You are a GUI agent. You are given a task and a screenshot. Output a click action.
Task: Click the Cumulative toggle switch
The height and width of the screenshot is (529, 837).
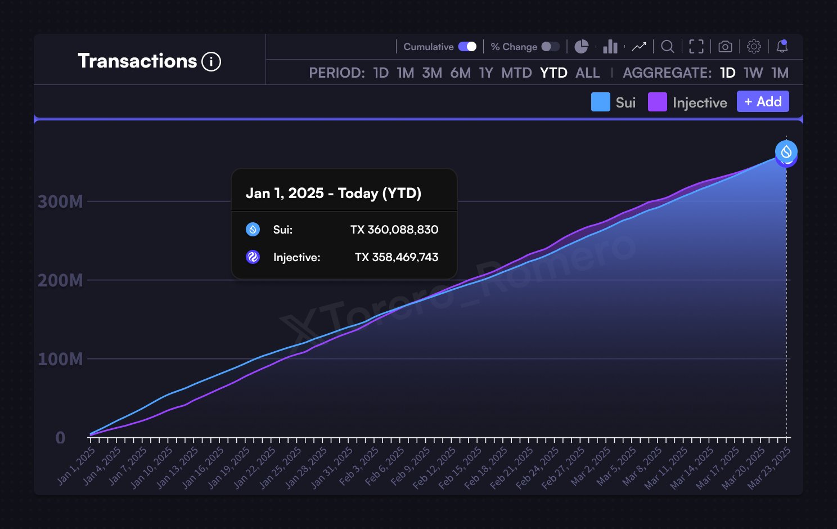(x=467, y=47)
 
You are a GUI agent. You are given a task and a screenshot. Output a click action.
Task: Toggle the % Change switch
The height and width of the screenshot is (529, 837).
(x=550, y=47)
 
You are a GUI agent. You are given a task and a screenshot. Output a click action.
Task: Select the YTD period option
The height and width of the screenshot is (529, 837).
(x=553, y=73)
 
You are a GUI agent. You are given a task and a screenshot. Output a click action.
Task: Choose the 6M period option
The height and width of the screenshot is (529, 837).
(x=460, y=73)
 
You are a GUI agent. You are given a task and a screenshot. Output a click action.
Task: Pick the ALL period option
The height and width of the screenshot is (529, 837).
(x=587, y=73)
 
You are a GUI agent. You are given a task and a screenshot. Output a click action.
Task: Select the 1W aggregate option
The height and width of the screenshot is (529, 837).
(x=753, y=73)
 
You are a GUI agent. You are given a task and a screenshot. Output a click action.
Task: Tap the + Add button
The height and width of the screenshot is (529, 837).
(x=763, y=102)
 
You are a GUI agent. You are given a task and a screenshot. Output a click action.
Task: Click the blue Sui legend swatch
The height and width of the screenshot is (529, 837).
(x=600, y=102)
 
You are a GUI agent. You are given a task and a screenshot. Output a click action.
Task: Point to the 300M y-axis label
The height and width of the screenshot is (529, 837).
(x=60, y=201)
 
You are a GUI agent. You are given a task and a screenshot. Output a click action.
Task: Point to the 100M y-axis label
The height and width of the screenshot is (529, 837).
(x=60, y=359)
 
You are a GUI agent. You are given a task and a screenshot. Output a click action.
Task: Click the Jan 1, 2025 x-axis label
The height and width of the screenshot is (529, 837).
(x=76, y=466)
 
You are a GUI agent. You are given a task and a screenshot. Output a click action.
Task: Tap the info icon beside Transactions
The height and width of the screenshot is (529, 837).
(x=211, y=61)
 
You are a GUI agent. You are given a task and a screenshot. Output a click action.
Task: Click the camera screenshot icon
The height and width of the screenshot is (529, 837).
(x=725, y=47)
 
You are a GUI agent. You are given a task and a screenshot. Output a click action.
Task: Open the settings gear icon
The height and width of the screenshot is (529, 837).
(x=754, y=47)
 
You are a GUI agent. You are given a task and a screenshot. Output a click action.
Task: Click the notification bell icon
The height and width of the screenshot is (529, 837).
(x=782, y=47)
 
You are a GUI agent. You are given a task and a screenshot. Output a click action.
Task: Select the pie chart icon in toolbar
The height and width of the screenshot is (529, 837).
(x=581, y=47)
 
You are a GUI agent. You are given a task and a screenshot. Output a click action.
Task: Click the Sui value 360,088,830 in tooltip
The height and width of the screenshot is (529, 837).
(x=402, y=230)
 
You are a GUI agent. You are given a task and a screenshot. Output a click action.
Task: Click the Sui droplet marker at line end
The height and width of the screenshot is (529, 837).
(x=786, y=151)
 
